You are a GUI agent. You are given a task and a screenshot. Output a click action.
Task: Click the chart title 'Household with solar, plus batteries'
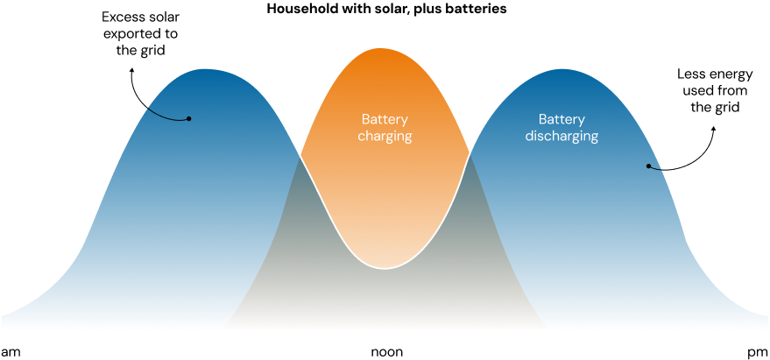[386, 10]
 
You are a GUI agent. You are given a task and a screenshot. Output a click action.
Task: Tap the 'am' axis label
[11, 353]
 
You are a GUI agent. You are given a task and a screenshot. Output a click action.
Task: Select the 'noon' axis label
[386, 352]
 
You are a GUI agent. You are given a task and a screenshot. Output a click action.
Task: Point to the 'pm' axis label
[758, 353]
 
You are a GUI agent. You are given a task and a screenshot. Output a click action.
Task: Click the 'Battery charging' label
[385, 128]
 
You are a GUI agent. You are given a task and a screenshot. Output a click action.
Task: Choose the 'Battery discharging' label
[562, 128]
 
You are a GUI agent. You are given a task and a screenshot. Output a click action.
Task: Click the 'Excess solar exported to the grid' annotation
[140, 34]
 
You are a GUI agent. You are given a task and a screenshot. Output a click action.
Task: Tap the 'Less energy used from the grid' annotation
[715, 91]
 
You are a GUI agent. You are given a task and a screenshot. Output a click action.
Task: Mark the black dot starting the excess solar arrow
[189, 118]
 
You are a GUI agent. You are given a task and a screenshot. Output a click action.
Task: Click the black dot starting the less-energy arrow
[648, 166]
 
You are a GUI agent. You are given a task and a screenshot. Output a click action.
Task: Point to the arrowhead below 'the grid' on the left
[131, 71]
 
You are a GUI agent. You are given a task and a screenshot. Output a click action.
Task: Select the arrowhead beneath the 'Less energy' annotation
[714, 128]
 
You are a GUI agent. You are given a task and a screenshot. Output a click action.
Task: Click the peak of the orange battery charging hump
[385, 48]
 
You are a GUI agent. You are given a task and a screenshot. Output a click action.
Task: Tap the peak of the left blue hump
[203, 69]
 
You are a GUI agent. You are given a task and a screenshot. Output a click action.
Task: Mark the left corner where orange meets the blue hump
[300, 156]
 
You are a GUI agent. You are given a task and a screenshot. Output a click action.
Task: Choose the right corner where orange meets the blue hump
[470, 156]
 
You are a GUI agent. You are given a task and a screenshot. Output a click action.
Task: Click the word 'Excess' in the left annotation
[120, 18]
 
